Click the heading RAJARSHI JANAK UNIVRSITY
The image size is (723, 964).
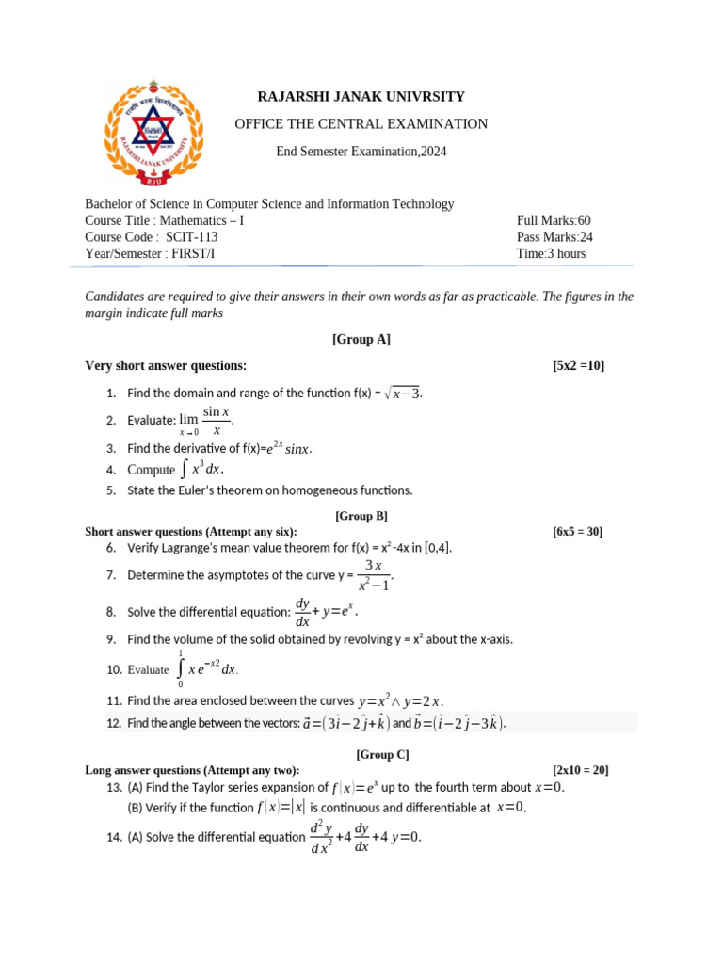pyautogui.click(x=361, y=97)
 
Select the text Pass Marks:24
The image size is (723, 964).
pyautogui.click(x=554, y=237)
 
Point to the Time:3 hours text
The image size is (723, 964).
pyautogui.click(x=551, y=253)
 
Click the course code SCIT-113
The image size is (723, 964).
pyautogui.click(x=192, y=237)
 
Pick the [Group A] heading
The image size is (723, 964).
pyautogui.click(x=361, y=340)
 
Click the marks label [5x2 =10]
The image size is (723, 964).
pyautogui.click(x=586, y=366)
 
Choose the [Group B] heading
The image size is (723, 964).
pyautogui.click(x=361, y=516)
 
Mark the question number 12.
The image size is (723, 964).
pyautogui.click(x=114, y=723)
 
